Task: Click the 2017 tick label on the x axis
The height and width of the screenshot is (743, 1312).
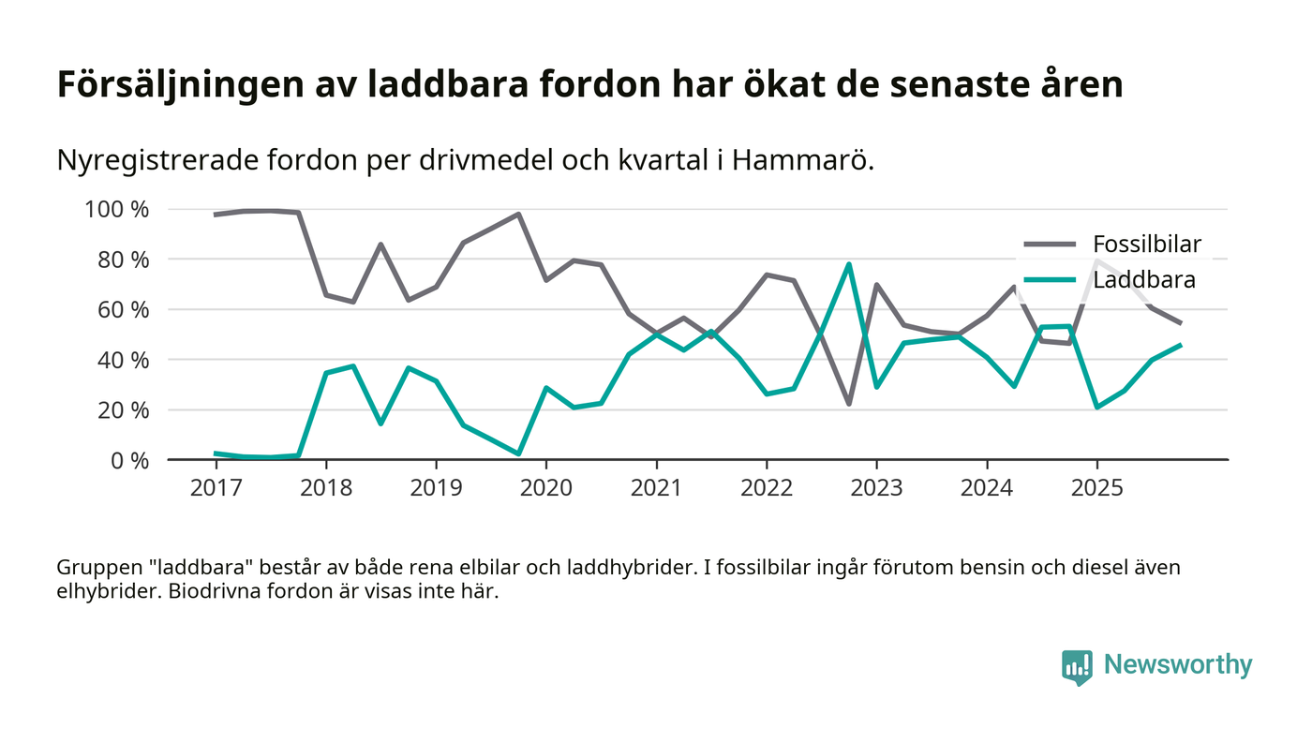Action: [216, 488]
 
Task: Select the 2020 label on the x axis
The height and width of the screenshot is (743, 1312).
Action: [546, 488]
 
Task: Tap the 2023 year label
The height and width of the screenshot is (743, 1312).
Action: [876, 488]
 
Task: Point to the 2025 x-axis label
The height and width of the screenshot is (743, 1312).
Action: [1096, 488]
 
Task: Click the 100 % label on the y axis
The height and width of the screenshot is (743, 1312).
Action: [116, 209]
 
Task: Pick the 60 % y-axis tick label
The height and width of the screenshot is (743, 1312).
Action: [122, 309]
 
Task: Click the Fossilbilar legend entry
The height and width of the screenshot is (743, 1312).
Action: [1147, 245]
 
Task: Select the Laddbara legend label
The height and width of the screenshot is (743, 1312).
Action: [1144, 279]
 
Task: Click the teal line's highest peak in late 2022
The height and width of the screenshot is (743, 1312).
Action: [849, 264]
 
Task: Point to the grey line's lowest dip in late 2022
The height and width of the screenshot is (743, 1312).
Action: [849, 404]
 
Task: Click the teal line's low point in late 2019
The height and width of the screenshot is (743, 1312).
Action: [518, 453]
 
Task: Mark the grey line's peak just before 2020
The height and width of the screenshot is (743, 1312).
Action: [518, 215]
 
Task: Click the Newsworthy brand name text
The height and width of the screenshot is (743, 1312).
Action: [1178, 665]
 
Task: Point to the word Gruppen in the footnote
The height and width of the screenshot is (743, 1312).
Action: [95, 568]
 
